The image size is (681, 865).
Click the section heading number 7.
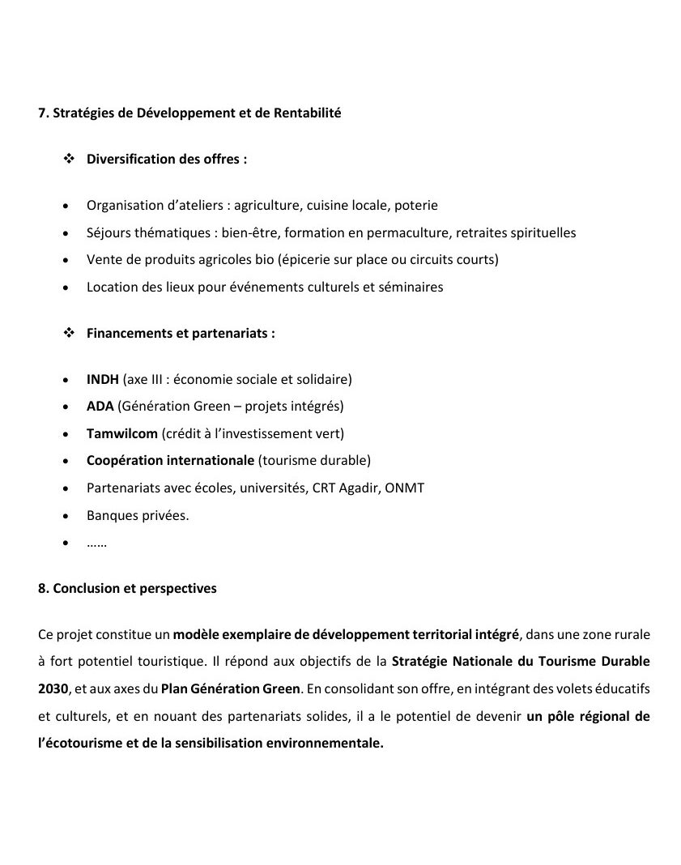tap(43, 113)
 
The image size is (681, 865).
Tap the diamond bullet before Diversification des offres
tap(69, 159)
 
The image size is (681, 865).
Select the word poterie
tap(415, 206)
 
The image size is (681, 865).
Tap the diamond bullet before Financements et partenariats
tap(69, 333)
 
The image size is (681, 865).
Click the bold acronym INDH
tap(103, 379)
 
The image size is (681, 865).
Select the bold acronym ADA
tap(100, 406)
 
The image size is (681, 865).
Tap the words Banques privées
tap(138, 515)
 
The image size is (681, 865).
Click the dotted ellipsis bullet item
tap(97, 543)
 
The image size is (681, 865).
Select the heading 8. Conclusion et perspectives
tap(128, 589)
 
